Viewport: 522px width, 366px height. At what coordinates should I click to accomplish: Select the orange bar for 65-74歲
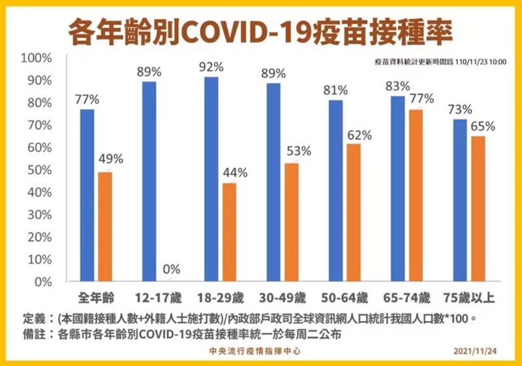pos(416,196)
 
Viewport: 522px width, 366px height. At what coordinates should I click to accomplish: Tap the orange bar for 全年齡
pos(104,227)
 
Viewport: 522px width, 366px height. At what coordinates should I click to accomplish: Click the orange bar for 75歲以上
pos(478,209)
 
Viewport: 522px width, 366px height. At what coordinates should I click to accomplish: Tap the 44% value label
pos(234,173)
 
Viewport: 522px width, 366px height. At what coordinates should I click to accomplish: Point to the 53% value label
pos(298,153)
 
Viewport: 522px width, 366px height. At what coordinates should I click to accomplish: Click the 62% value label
pos(360,136)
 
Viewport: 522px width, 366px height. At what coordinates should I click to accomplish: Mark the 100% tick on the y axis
pos(37,59)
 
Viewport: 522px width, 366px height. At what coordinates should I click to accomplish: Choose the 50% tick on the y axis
pos(39,170)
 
